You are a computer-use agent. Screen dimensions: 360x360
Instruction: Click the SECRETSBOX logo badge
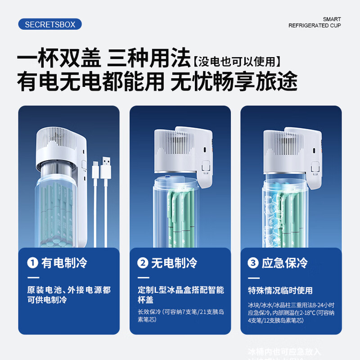click(x=50, y=24)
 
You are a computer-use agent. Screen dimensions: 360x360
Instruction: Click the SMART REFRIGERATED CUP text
click(x=315, y=22)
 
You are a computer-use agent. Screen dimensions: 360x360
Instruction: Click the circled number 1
click(x=32, y=263)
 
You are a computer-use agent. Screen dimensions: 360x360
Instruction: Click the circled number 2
click(x=143, y=263)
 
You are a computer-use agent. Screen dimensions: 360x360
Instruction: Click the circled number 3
click(x=253, y=263)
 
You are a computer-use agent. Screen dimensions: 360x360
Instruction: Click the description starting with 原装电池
click(x=69, y=295)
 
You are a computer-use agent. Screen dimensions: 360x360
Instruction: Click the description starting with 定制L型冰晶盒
click(x=180, y=295)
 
